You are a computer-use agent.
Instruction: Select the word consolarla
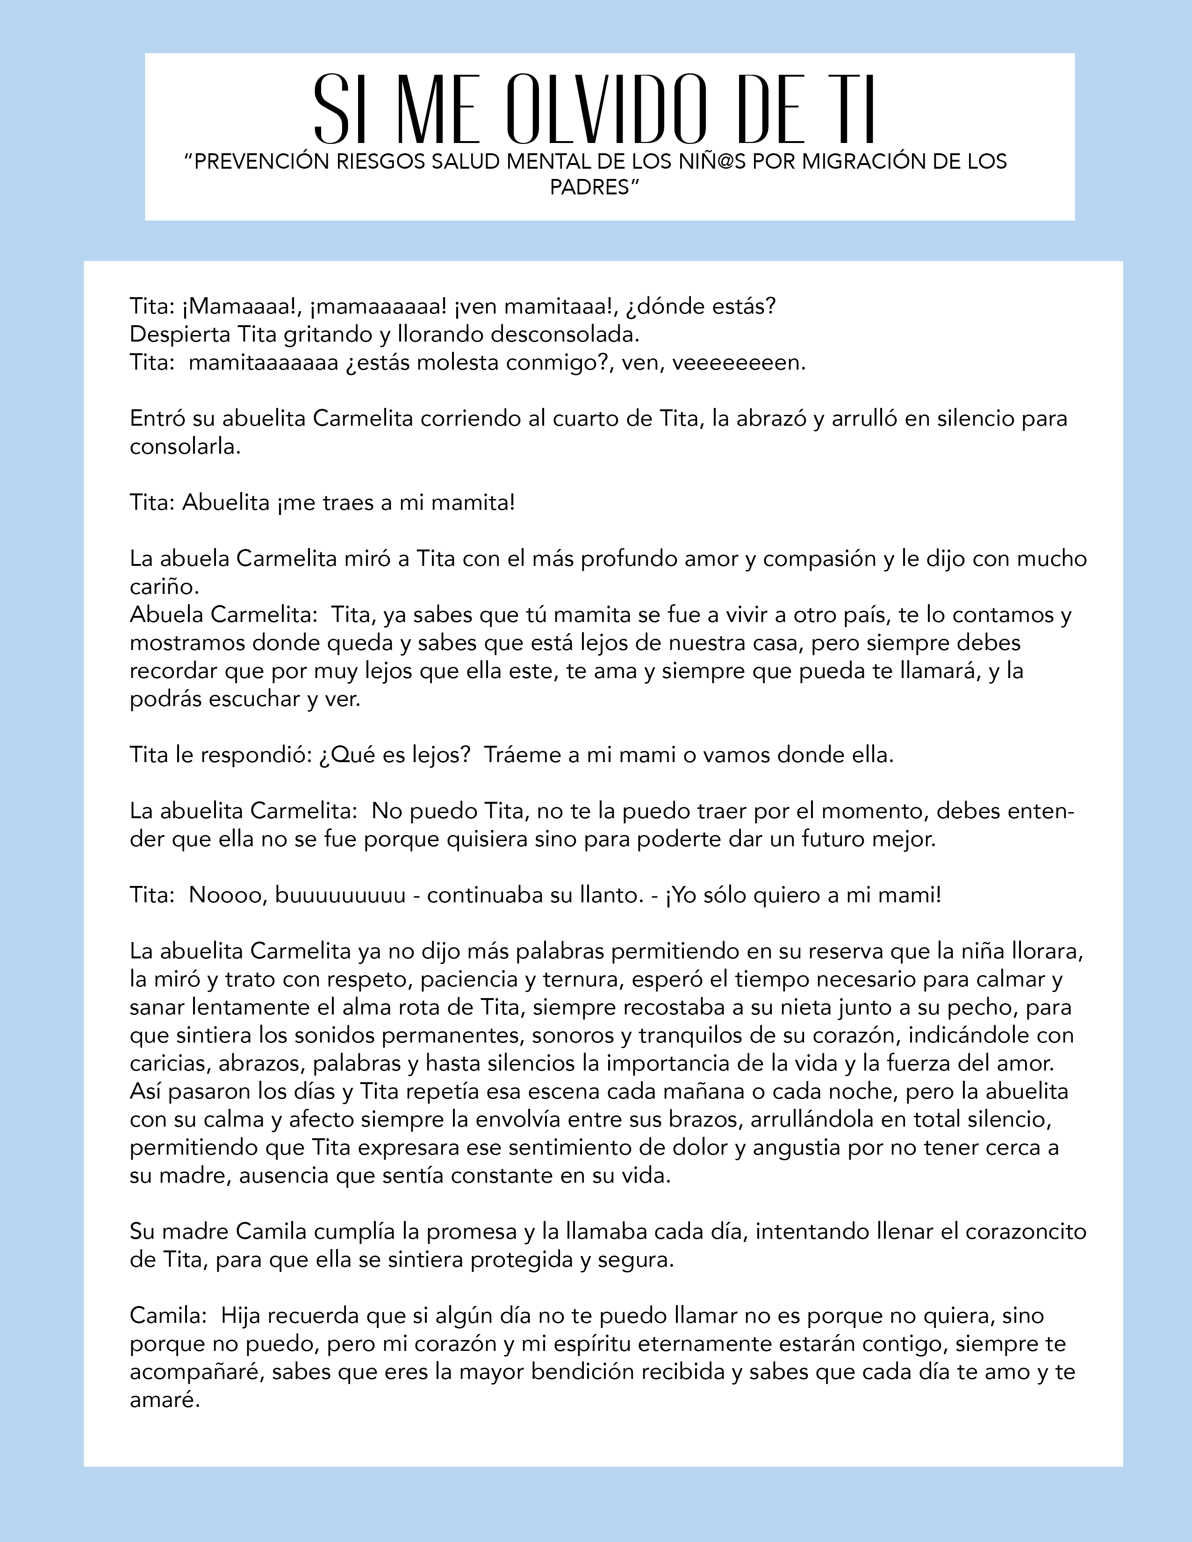coord(185,447)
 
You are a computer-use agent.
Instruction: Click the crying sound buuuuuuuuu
coord(340,895)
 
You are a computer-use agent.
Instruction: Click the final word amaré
coord(165,1400)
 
